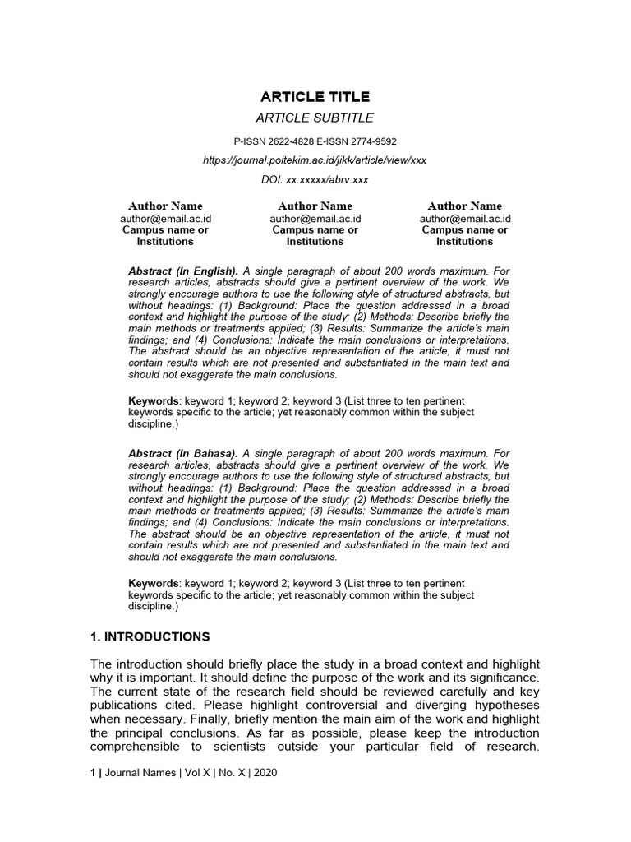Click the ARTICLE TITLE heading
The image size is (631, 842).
tap(315, 97)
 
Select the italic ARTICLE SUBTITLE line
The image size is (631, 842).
tap(315, 118)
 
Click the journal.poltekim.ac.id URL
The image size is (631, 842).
tap(315, 160)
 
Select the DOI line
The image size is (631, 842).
tap(315, 179)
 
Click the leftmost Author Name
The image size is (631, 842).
tap(165, 206)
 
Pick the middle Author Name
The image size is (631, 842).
tap(315, 206)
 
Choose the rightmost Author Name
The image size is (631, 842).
tap(465, 206)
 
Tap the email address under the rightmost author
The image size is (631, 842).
tap(465, 219)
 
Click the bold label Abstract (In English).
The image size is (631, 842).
tap(183, 271)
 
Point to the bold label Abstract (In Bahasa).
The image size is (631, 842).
tap(183, 453)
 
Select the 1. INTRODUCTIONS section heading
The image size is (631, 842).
tap(150, 636)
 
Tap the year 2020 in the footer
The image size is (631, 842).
tap(265, 774)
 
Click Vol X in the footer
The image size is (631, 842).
tap(198, 774)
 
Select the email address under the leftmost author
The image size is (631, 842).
tap(165, 219)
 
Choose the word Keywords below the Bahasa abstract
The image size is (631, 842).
tap(153, 583)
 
